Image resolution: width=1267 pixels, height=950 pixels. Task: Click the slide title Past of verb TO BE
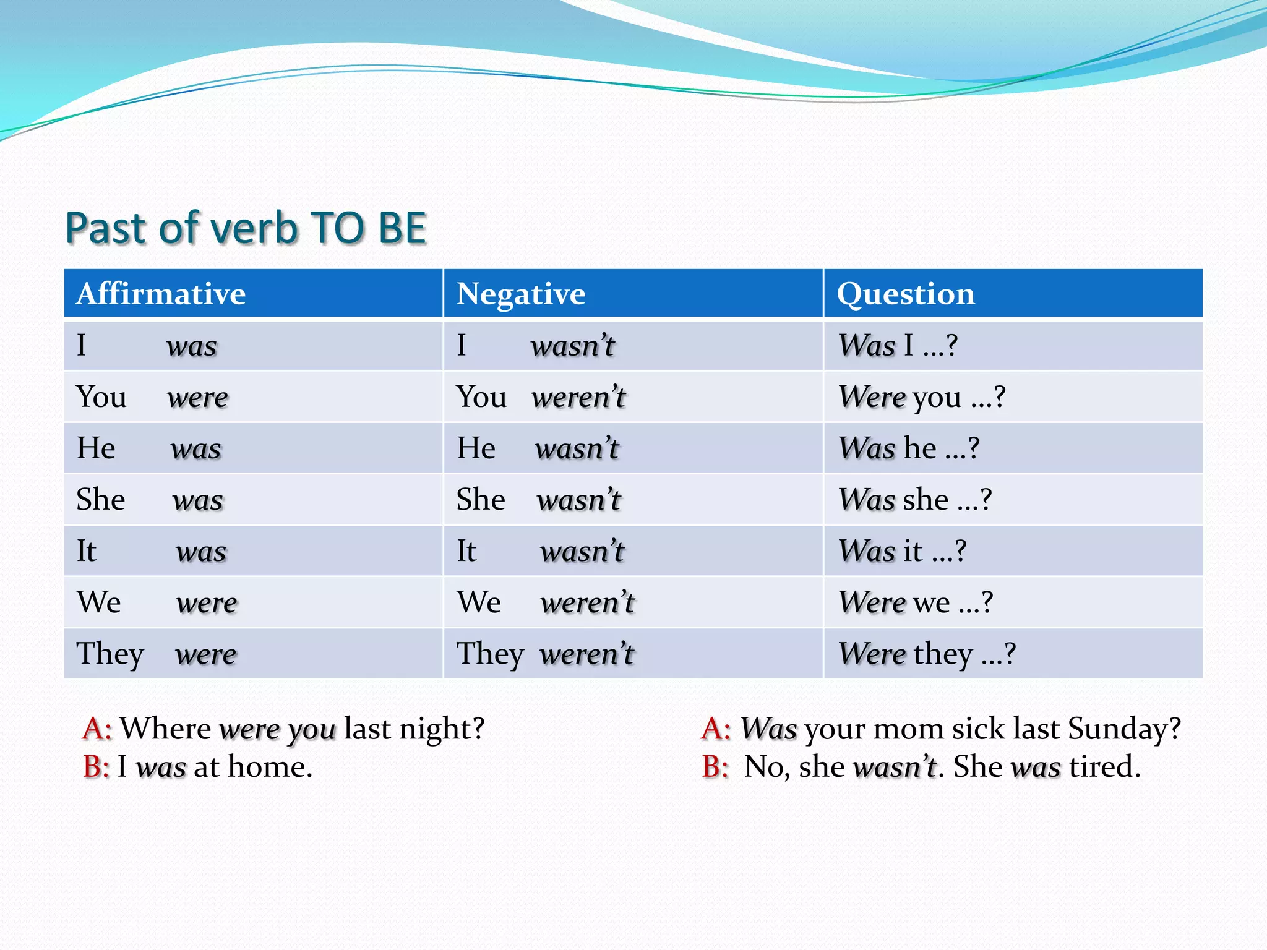(x=246, y=228)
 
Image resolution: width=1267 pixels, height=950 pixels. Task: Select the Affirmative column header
(x=161, y=294)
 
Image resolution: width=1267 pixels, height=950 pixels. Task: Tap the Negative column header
(x=520, y=294)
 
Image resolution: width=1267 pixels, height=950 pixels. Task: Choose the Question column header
(x=905, y=294)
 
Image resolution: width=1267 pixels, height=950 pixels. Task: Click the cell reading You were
(x=152, y=397)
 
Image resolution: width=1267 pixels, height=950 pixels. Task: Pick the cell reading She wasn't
(x=538, y=500)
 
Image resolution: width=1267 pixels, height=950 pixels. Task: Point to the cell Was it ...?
(x=902, y=551)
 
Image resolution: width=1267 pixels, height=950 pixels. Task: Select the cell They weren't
(x=544, y=654)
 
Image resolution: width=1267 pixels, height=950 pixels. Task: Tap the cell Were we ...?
(x=916, y=602)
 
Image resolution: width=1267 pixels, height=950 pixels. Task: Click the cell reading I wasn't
(x=535, y=346)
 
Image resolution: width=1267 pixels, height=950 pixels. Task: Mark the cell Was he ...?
(x=909, y=448)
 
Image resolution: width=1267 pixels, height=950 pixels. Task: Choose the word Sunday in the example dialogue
(x=1123, y=729)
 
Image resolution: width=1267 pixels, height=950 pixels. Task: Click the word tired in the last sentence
(x=1104, y=767)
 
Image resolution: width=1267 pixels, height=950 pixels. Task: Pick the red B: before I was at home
(x=96, y=767)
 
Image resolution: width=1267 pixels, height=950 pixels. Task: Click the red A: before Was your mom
(x=716, y=729)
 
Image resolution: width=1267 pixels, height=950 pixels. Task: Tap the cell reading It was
(x=152, y=551)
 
